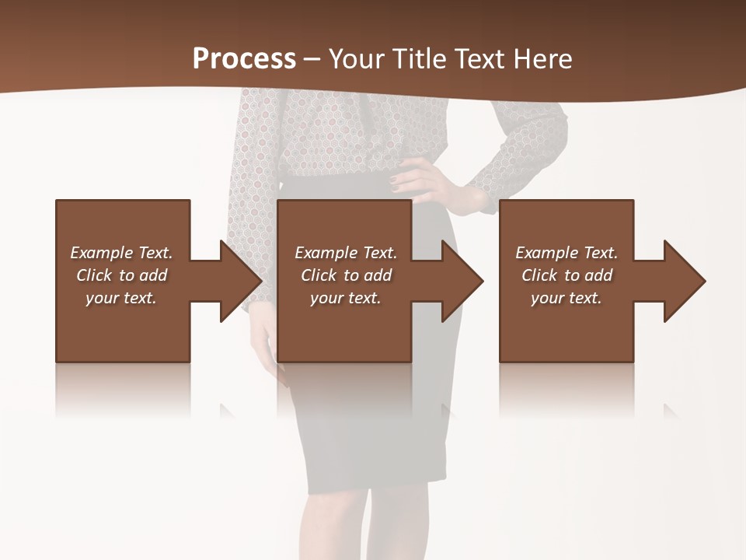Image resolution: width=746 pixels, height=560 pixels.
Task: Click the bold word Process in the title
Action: (244, 59)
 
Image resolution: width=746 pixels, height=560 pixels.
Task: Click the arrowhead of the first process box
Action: (242, 281)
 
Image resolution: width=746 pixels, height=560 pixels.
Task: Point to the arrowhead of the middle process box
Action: (463, 281)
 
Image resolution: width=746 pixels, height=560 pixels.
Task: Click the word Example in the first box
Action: (102, 253)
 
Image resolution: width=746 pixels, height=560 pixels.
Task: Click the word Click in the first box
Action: (93, 275)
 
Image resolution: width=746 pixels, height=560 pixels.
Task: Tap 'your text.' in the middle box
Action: (345, 298)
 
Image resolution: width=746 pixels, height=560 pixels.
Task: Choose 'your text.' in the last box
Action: (566, 298)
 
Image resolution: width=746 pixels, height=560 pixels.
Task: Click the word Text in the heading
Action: (480, 59)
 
